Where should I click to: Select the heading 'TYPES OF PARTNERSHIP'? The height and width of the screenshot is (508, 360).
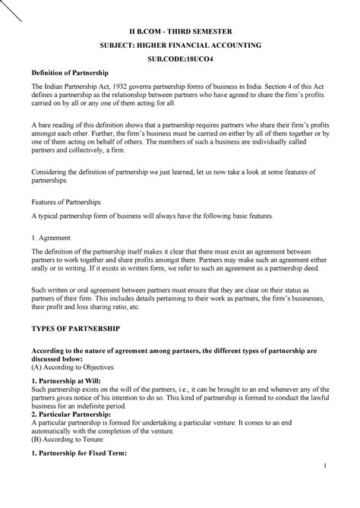tap(82, 332)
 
